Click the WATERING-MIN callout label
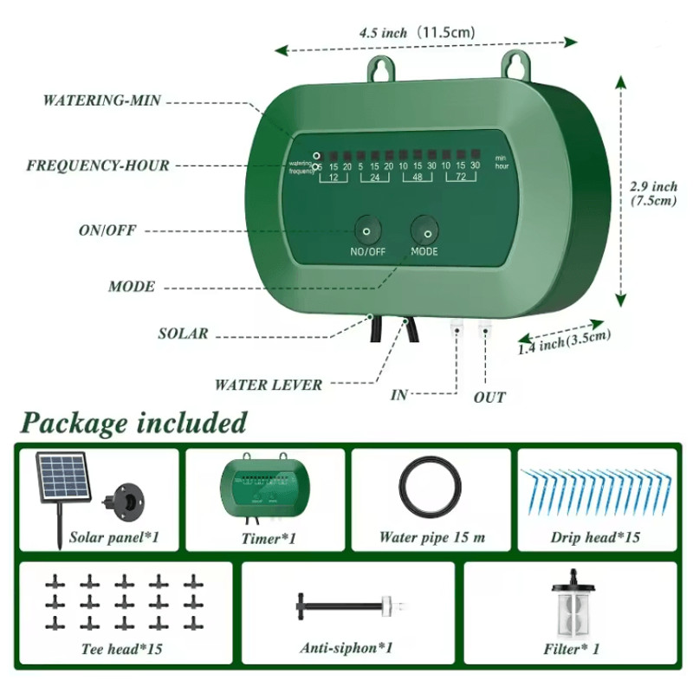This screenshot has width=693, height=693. pyautogui.click(x=103, y=100)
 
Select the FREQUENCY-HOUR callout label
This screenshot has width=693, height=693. pyautogui.click(x=98, y=165)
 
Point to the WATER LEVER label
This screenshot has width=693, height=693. pyautogui.click(x=269, y=385)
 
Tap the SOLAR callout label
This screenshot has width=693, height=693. pyautogui.click(x=183, y=334)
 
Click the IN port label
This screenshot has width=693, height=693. pyautogui.click(x=398, y=395)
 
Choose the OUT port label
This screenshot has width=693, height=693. pyautogui.click(x=489, y=398)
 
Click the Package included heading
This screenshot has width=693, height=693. pyautogui.click(x=133, y=424)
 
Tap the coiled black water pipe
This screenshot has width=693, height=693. pyautogui.click(x=431, y=489)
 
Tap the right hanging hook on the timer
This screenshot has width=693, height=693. pyautogui.click(x=517, y=63)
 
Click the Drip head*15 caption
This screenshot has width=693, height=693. pyautogui.click(x=595, y=538)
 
